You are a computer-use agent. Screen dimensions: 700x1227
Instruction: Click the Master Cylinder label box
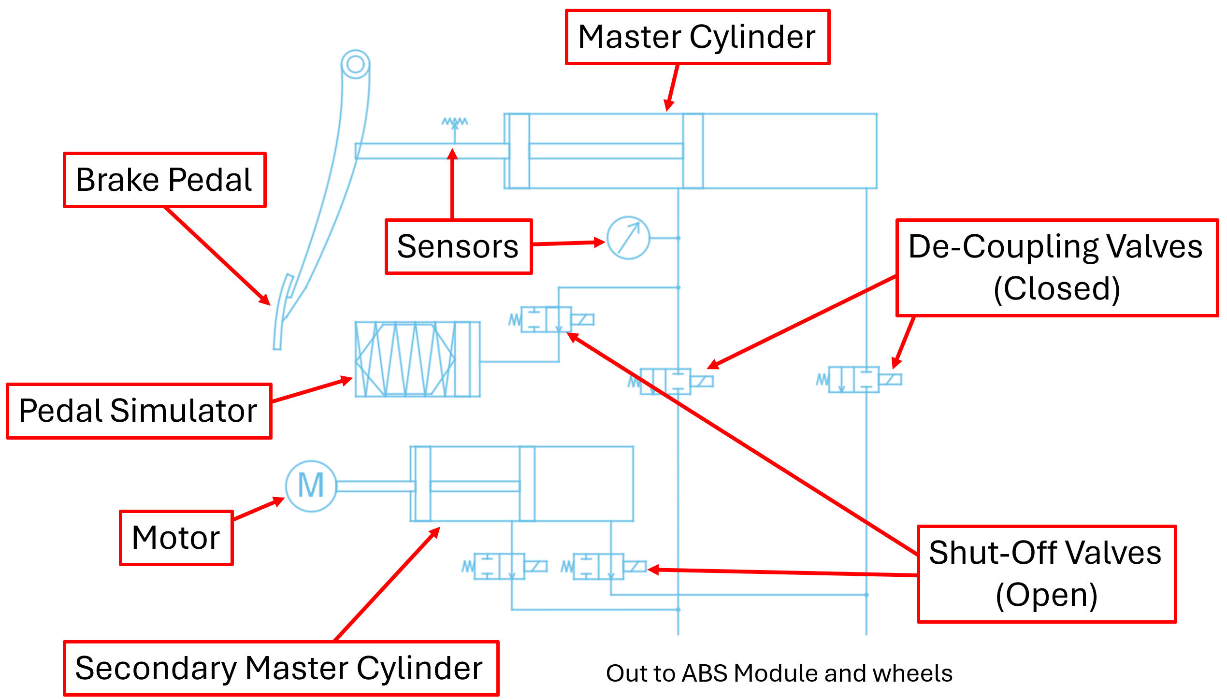coord(697,37)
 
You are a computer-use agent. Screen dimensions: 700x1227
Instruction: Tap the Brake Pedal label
coord(164,180)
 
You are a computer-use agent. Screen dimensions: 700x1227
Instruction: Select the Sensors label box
coord(458,246)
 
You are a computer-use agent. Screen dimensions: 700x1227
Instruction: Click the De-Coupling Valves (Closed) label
coord(1056,268)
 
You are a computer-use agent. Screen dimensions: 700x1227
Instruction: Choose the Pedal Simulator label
coord(139,411)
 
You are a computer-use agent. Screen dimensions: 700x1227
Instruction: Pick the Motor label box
coord(176,538)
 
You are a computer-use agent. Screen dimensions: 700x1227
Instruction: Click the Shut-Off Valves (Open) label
coord(1046,573)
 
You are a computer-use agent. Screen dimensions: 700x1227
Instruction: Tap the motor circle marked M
coord(311,486)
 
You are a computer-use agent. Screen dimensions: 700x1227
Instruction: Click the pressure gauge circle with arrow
coord(628,238)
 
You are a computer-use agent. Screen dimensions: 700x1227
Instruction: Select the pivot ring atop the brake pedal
coord(355,64)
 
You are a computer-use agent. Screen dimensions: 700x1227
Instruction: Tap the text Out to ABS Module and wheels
coord(779,673)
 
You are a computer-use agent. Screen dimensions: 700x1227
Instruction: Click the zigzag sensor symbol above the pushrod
coord(454,123)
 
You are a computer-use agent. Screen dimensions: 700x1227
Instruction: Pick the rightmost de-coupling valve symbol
coord(858,380)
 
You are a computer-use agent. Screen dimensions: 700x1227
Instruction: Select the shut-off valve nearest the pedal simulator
coord(551,320)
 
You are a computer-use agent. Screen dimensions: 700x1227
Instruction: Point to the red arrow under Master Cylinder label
coord(672,87)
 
